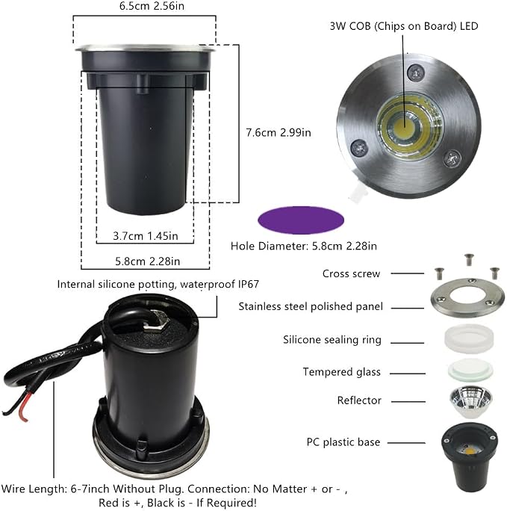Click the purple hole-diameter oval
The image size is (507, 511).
click(x=301, y=220)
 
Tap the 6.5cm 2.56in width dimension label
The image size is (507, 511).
click(x=152, y=6)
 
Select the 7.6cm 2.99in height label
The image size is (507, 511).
click(x=279, y=133)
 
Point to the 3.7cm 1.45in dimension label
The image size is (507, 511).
click(x=146, y=235)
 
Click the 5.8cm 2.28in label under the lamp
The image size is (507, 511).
click(x=148, y=261)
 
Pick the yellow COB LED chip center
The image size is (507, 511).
click(x=405, y=126)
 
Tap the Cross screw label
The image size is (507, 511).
click(x=351, y=273)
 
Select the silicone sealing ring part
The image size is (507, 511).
click(x=469, y=339)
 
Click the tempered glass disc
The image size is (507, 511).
click(x=470, y=370)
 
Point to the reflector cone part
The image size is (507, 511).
click(x=470, y=403)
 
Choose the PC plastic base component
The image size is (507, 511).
click(x=470, y=457)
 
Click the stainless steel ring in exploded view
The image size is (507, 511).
click(x=467, y=297)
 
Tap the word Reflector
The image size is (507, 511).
click(x=359, y=400)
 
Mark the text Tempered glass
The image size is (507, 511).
click(x=341, y=372)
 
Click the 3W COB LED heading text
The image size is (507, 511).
click(x=404, y=26)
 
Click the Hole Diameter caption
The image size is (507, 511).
click(x=303, y=246)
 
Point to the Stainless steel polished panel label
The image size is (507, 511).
click(x=311, y=306)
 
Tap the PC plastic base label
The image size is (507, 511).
click(x=343, y=442)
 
